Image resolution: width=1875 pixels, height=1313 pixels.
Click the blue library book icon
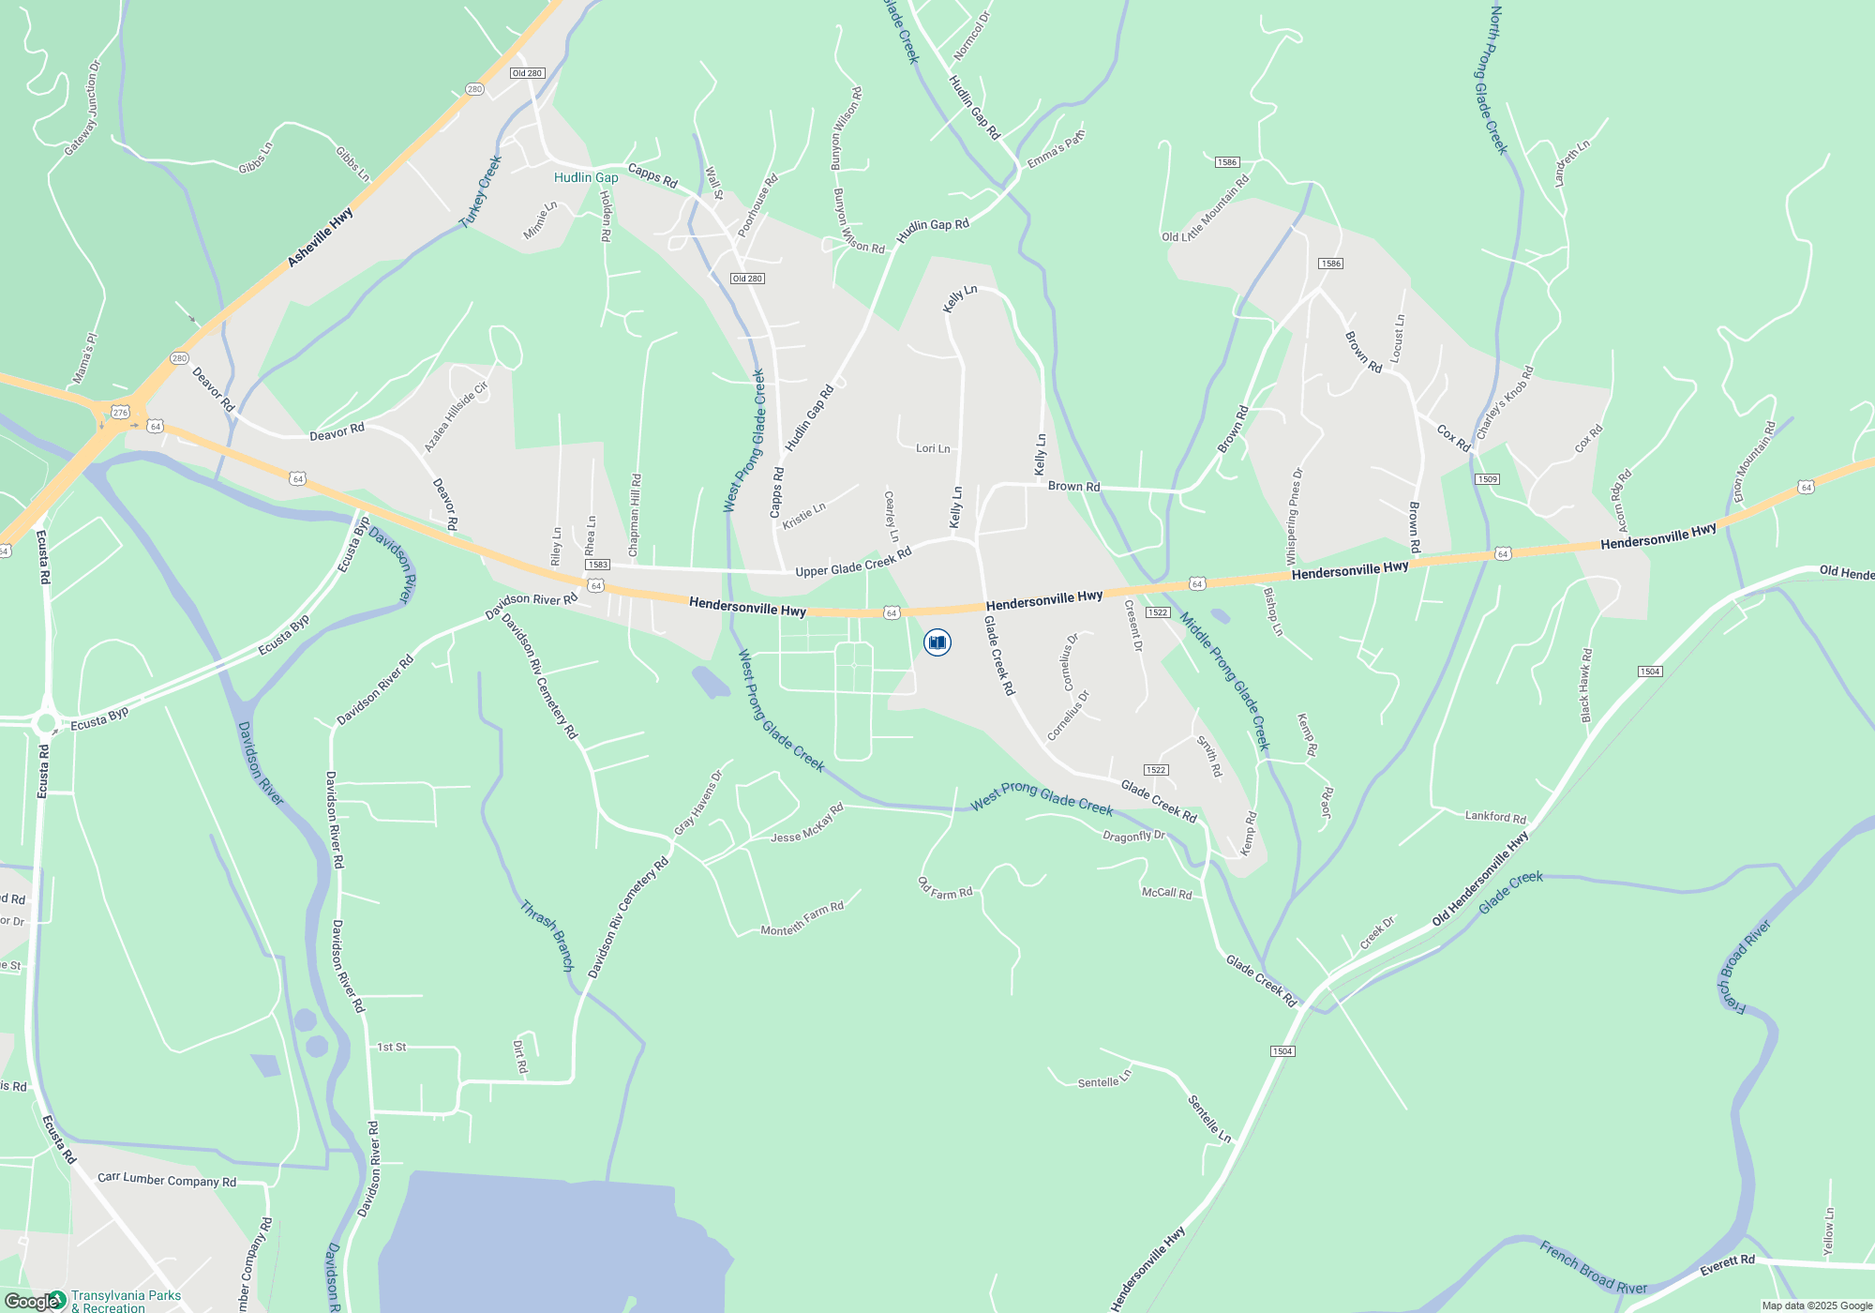[x=937, y=642]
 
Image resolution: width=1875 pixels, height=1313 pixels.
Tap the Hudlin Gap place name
[x=586, y=177]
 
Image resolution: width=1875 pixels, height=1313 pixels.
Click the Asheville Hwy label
[x=321, y=236]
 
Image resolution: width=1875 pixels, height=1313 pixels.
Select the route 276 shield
[x=120, y=413]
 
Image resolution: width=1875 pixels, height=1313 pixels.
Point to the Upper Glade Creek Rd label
[x=853, y=564]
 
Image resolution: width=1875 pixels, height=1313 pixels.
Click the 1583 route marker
[x=597, y=565]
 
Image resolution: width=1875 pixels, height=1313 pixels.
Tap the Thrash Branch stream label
[x=547, y=935]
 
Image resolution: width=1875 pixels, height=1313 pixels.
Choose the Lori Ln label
[x=933, y=448]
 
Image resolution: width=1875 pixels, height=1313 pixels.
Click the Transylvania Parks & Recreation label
[x=126, y=1301]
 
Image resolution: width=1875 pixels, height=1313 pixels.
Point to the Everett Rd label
[x=1727, y=1265]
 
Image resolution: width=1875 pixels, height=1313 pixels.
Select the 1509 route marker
[x=1487, y=479]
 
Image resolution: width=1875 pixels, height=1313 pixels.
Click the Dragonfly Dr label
[x=1133, y=836]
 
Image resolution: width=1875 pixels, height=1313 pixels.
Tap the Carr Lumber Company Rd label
[x=167, y=1180]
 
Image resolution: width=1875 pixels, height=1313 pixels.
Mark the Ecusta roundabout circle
[x=45, y=723]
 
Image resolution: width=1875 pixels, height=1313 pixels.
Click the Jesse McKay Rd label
[x=806, y=824]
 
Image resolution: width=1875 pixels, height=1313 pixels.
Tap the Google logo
[x=32, y=1302]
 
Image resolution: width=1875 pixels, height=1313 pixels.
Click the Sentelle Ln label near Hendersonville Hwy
[x=1209, y=1118]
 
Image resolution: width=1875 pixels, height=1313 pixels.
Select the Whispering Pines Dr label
[x=1295, y=517]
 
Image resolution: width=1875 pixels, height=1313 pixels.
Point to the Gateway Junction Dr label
[x=82, y=109]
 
